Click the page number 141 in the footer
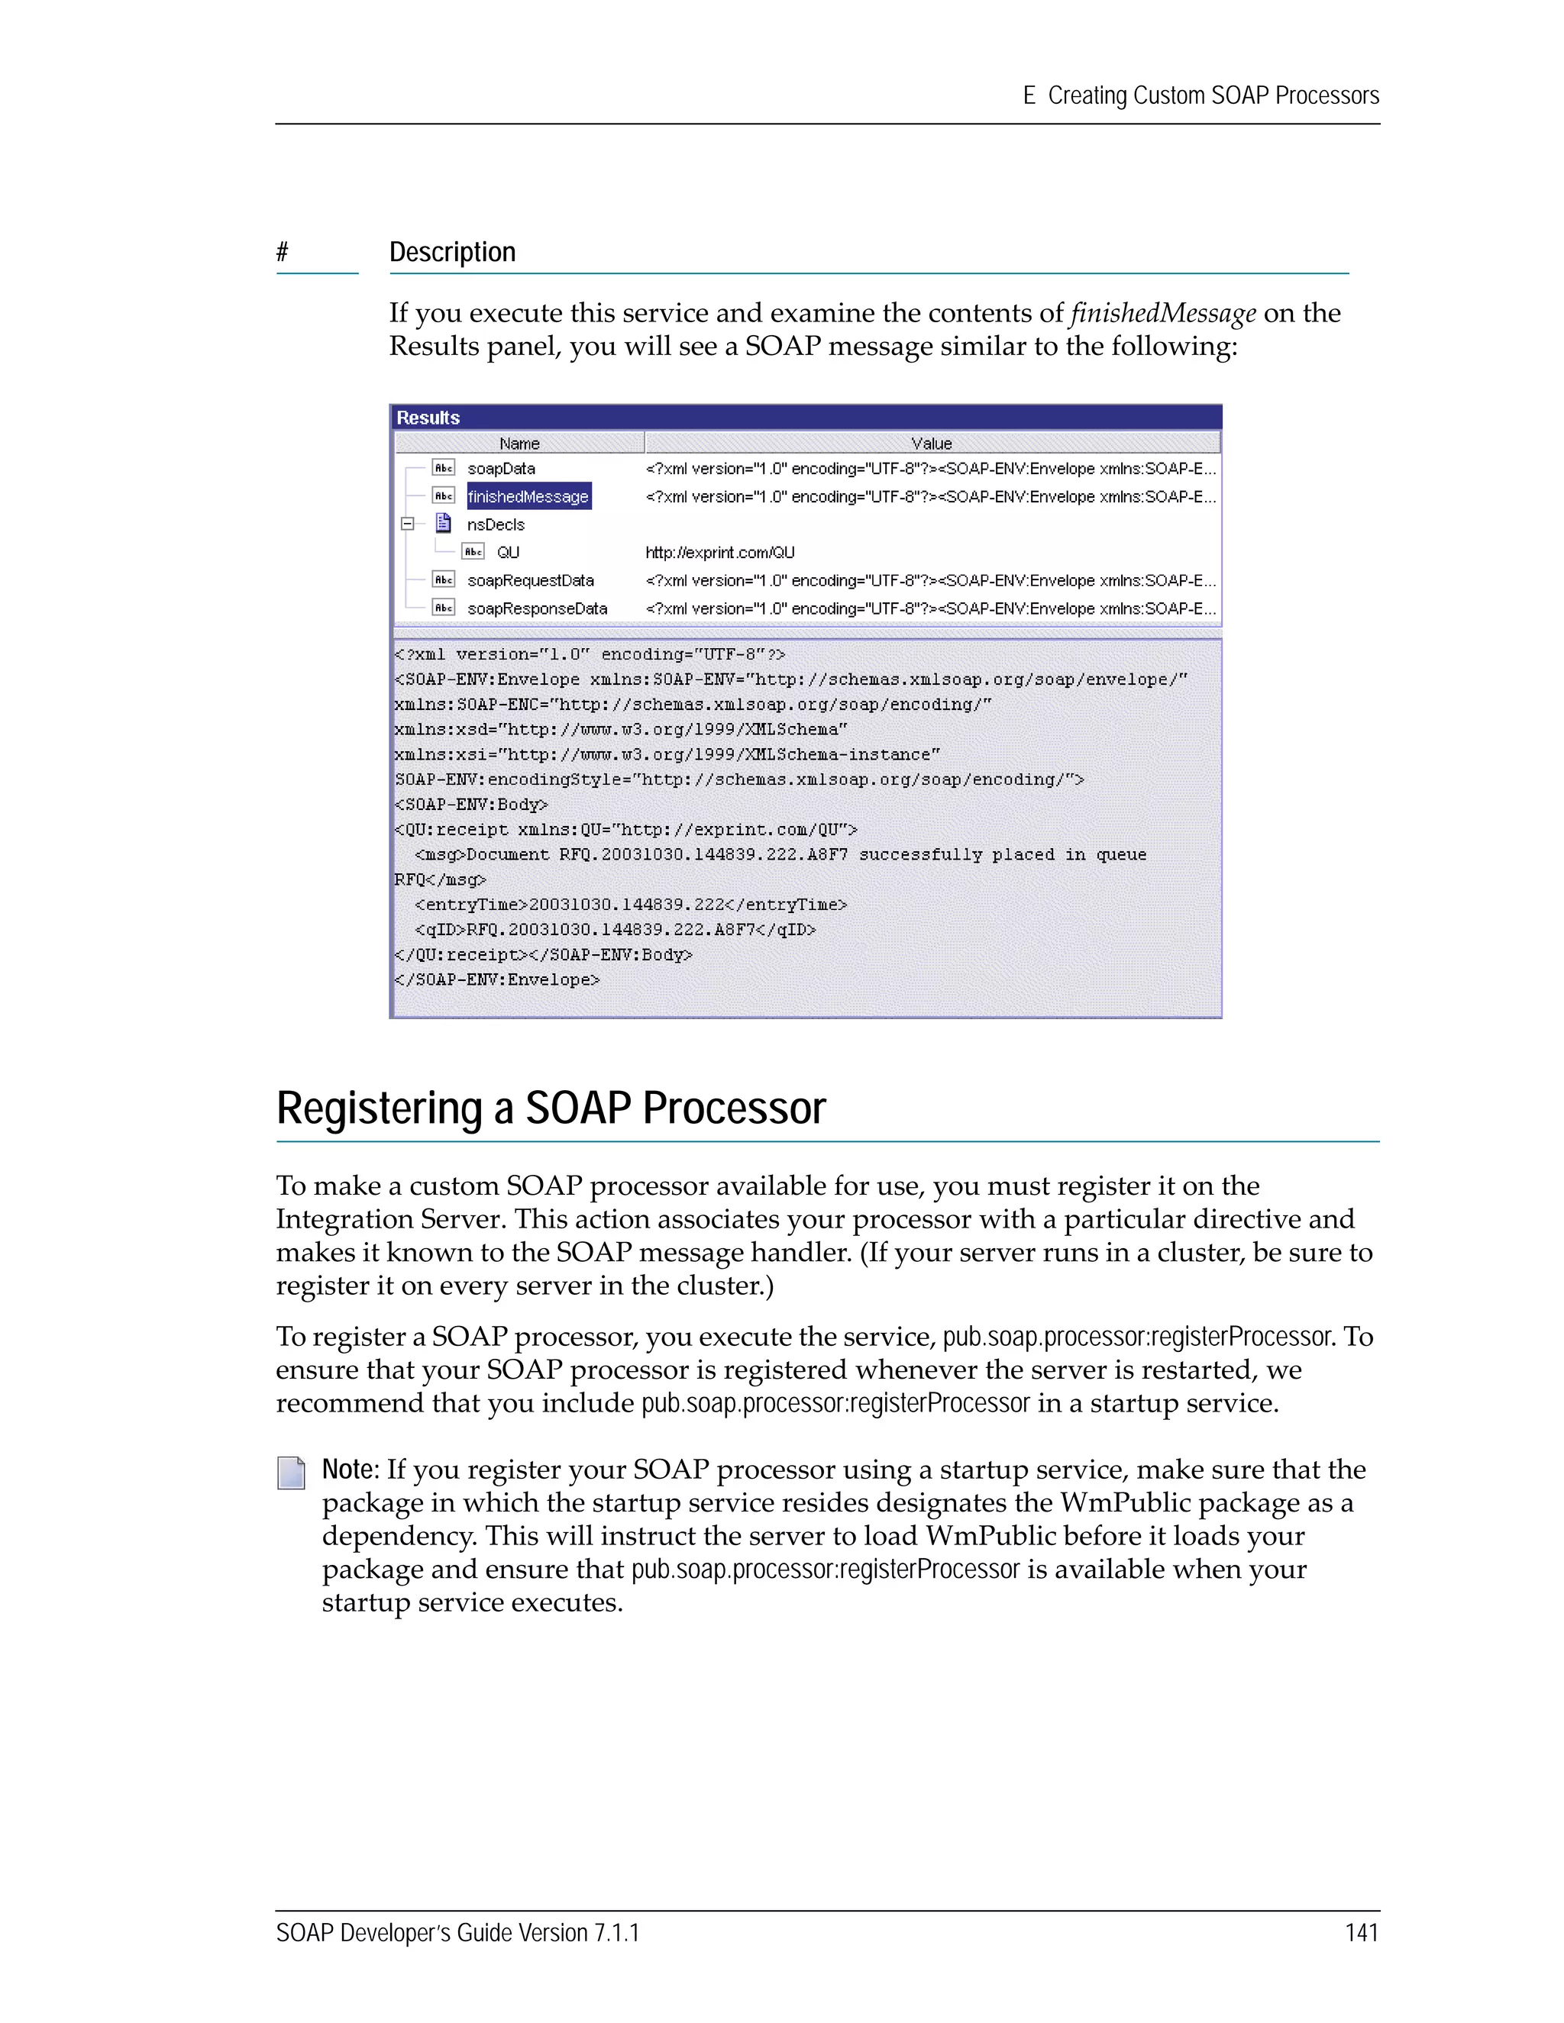click(1361, 1932)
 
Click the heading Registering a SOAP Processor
click(551, 1108)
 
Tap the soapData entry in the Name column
click(500, 469)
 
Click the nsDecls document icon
click(444, 524)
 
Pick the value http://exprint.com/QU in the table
click(720, 553)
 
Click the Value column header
click(931, 444)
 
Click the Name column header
click(519, 444)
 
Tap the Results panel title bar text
click(428, 418)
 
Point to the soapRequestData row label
click(530, 581)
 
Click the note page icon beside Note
click(291, 1473)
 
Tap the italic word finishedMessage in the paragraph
click(1163, 313)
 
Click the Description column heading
click(452, 252)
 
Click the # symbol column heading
click(283, 252)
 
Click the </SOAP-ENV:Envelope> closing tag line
click(498, 979)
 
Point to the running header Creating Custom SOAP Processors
click(1212, 95)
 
